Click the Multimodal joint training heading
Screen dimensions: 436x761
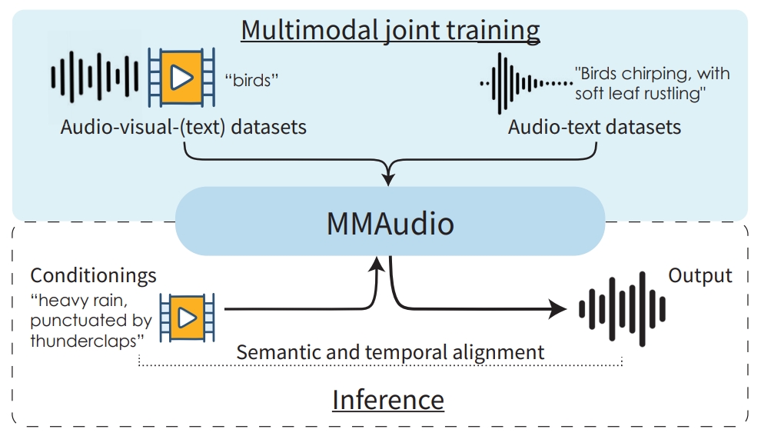[x=390, y=29]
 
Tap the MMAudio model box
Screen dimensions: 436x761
[x=390, y=224]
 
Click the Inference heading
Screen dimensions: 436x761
[x=387, y=400]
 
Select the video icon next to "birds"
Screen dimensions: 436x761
[x=181, y=77]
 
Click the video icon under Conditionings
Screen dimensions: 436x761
[x=186, y=316]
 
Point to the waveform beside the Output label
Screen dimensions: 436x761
[x=621, y=310]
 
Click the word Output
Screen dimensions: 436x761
[x=700, y=275]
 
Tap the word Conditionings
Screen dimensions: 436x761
[x=93, y=275]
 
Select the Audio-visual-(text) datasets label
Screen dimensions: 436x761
[x=183, y=127]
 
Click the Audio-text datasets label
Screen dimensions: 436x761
[x=594, y=127]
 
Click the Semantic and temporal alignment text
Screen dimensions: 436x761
[x=390, y=352]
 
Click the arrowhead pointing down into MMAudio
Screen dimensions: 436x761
[x=390, y=179]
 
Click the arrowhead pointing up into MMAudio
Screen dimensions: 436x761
[x=376, y=265]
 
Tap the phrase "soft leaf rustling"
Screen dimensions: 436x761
[x=640, y=93]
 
